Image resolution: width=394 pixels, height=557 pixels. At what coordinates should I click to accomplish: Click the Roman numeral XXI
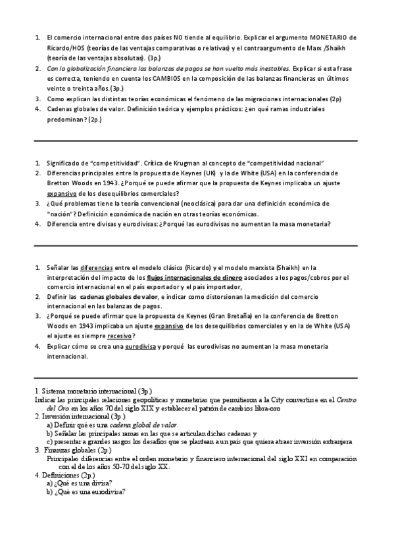tap(294, 458)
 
